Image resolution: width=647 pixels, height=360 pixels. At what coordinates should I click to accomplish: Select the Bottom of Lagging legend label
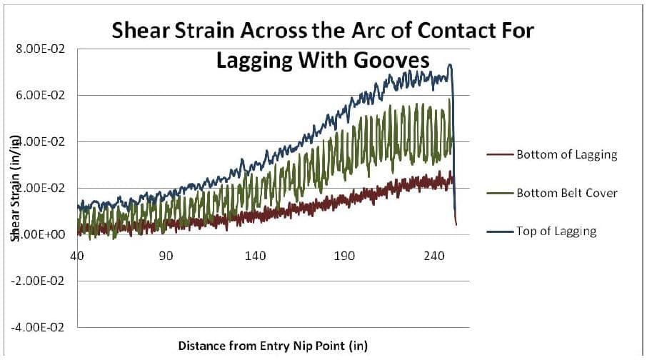pos(571,155)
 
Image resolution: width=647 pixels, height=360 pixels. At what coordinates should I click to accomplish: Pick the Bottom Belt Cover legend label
pos(571,193)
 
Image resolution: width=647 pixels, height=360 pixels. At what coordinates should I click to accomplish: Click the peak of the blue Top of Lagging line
pos(449,65)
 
